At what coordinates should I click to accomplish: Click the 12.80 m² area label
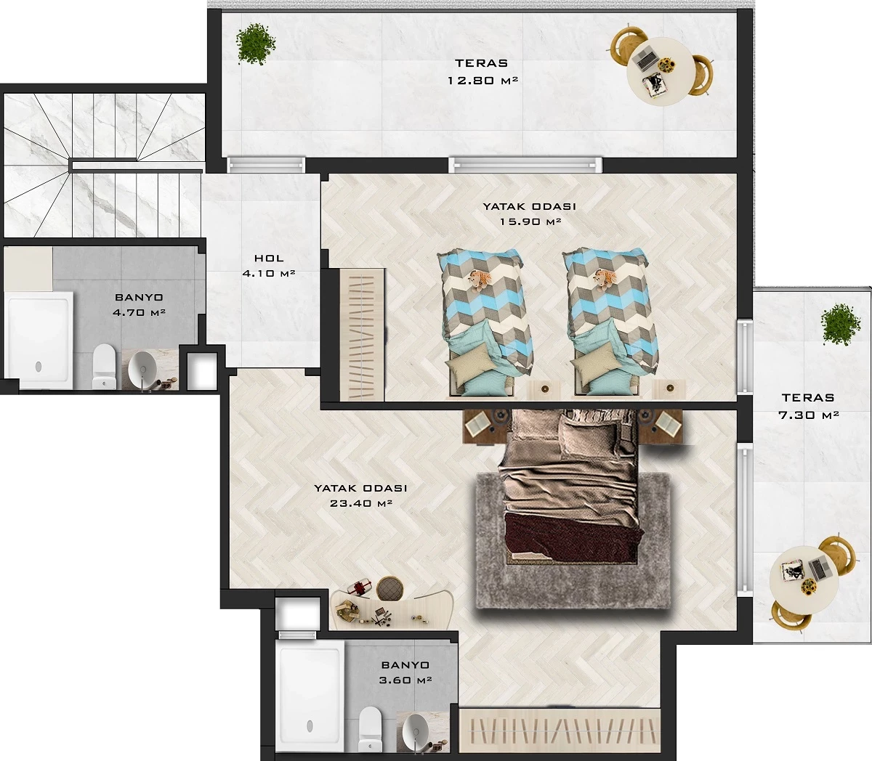[x=483, y=80]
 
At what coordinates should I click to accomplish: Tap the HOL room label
[x=269, y=258]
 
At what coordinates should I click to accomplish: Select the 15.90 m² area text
[x=530, y=221]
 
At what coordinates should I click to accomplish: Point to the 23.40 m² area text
[x=360, y=503]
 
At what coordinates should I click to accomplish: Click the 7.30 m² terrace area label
[x=808, y=415]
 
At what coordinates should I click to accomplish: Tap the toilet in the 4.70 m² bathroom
[x=104, y=366]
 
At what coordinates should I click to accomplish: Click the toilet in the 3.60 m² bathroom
[x=370, y=729]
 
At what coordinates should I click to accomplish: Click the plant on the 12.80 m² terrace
[x=256, y=44]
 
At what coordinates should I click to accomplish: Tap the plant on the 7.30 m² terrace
[x=841, y=324]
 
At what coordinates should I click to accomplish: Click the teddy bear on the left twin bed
[x=480, y=280]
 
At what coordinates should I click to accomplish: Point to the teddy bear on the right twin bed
[x=605, y=280]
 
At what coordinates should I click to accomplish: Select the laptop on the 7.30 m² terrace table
[x=817, y=569]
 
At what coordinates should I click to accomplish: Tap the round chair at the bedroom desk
[x=390, y=588]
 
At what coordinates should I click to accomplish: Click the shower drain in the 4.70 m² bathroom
[x=39, y=366]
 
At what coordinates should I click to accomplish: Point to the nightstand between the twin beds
[x=544, y=388]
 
